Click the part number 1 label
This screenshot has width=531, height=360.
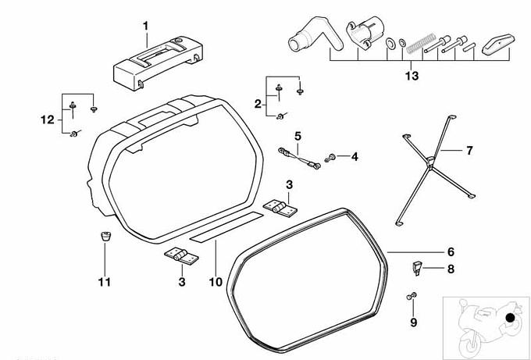pyautogui.click(x=144, y=26)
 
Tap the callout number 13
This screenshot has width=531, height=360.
pyautogui.click(x=412, y=76)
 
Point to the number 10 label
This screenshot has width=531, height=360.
pyautogui.click(x=216, y=281)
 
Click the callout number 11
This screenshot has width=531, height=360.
pyautogui.click(x=104, y=281)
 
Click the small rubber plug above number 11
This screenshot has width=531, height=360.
pyautogui.click(x=105, y=235)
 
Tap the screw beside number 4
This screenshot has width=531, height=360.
pyautogui.click(x=331, y=159)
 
